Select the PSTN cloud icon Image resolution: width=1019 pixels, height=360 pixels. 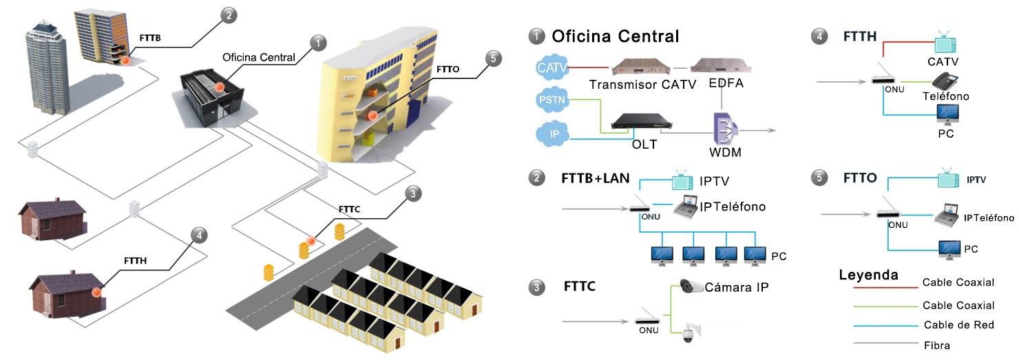(551, 100)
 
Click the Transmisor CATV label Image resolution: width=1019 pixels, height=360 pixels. (638, 84)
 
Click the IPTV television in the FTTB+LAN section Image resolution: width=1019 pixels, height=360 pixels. (683, 180)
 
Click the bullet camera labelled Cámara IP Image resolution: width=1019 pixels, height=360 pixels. (691, 286)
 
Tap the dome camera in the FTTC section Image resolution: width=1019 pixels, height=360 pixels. (687, 333)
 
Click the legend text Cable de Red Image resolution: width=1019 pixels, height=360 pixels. (958, 325)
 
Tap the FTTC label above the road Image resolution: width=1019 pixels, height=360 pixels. (349, 208)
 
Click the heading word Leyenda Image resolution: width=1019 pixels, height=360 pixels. (868, 275)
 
